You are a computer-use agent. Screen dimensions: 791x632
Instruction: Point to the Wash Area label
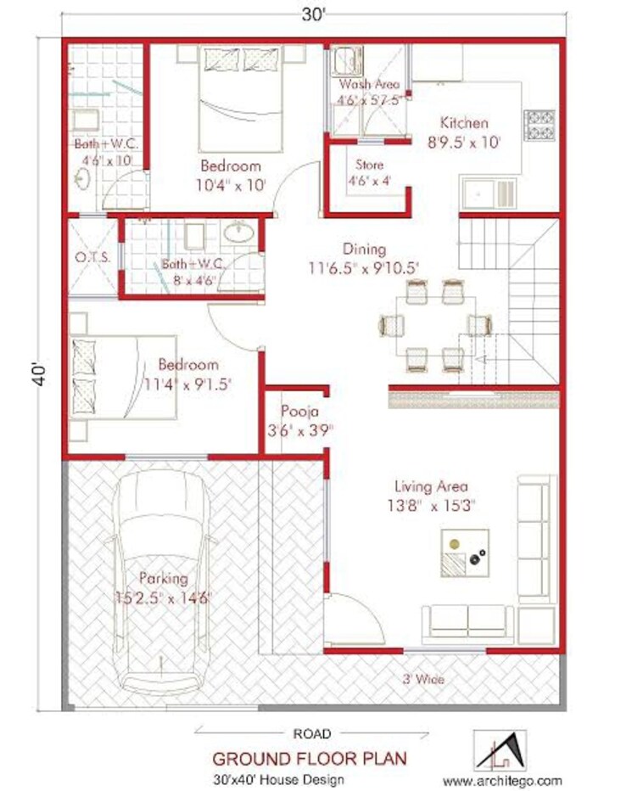coord(369,85)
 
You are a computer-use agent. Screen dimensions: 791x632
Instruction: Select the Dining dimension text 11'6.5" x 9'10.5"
coord(364,268)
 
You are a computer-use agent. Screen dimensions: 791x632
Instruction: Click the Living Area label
coord(431,487)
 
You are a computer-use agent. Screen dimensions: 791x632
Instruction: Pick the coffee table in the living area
coord(463,553)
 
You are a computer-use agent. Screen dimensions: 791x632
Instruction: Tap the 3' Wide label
coord(423,679)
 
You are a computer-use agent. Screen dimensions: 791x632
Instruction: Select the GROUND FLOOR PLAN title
coord(309,757)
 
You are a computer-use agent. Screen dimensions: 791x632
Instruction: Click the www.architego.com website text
coord(502,779)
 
